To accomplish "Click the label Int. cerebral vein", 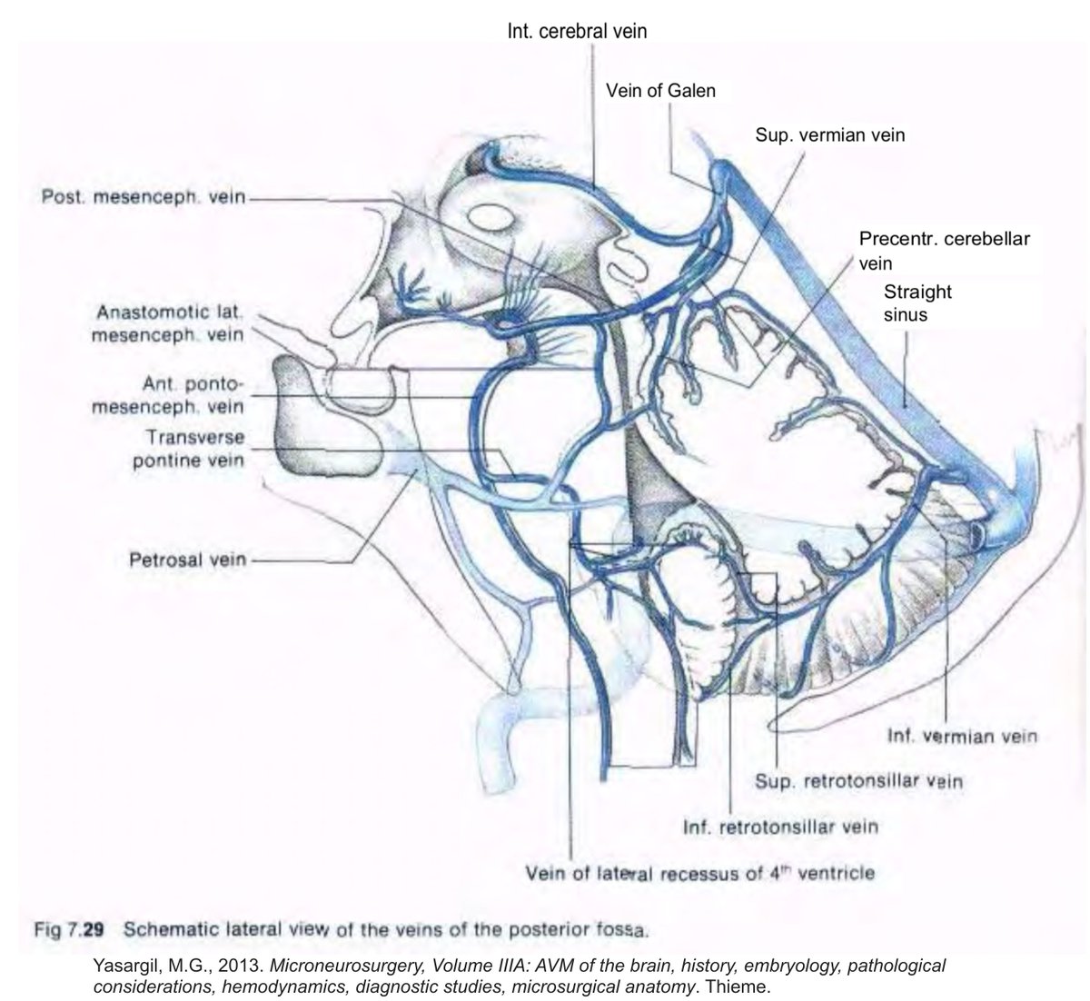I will (576, 30).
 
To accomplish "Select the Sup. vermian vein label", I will (830, 135).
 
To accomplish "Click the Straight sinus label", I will (917, 303).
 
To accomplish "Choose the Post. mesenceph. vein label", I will (144, 197).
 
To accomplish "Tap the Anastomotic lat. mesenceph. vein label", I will (169, 322).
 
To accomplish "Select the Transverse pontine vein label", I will (188, 449).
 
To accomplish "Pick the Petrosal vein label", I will (187, 559).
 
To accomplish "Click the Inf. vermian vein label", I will (961, 736).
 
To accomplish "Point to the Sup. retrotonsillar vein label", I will (859, 780).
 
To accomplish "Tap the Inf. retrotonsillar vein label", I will (780, 828).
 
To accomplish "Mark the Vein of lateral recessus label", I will (700, 874).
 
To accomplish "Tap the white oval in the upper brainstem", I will (490, 215).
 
